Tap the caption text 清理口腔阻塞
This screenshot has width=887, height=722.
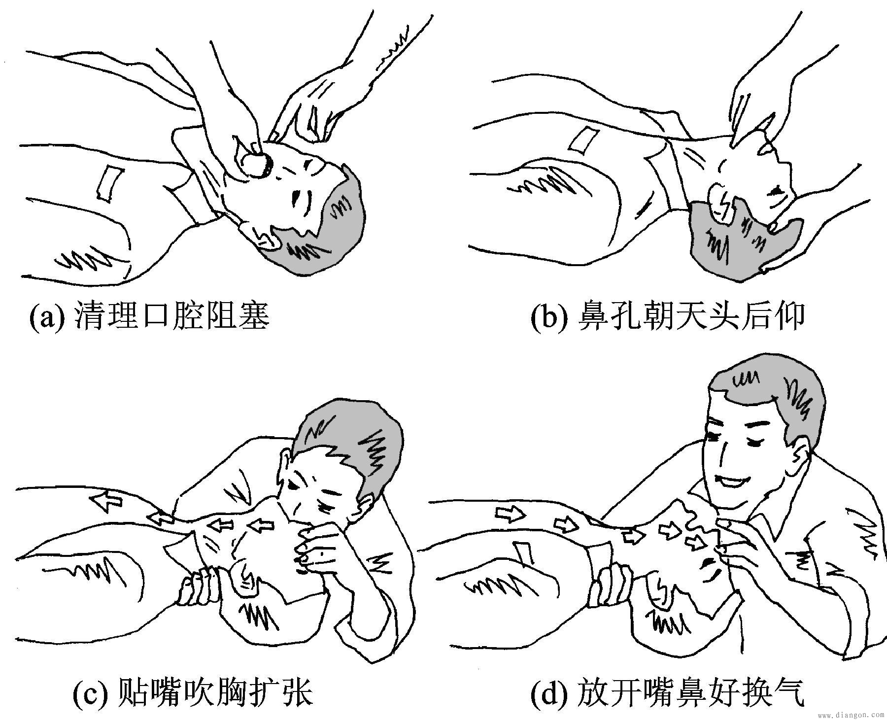pyautogui.click(x=172, y=315)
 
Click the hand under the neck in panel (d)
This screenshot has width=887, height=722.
pyautogui.click(x=614, y=582)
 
